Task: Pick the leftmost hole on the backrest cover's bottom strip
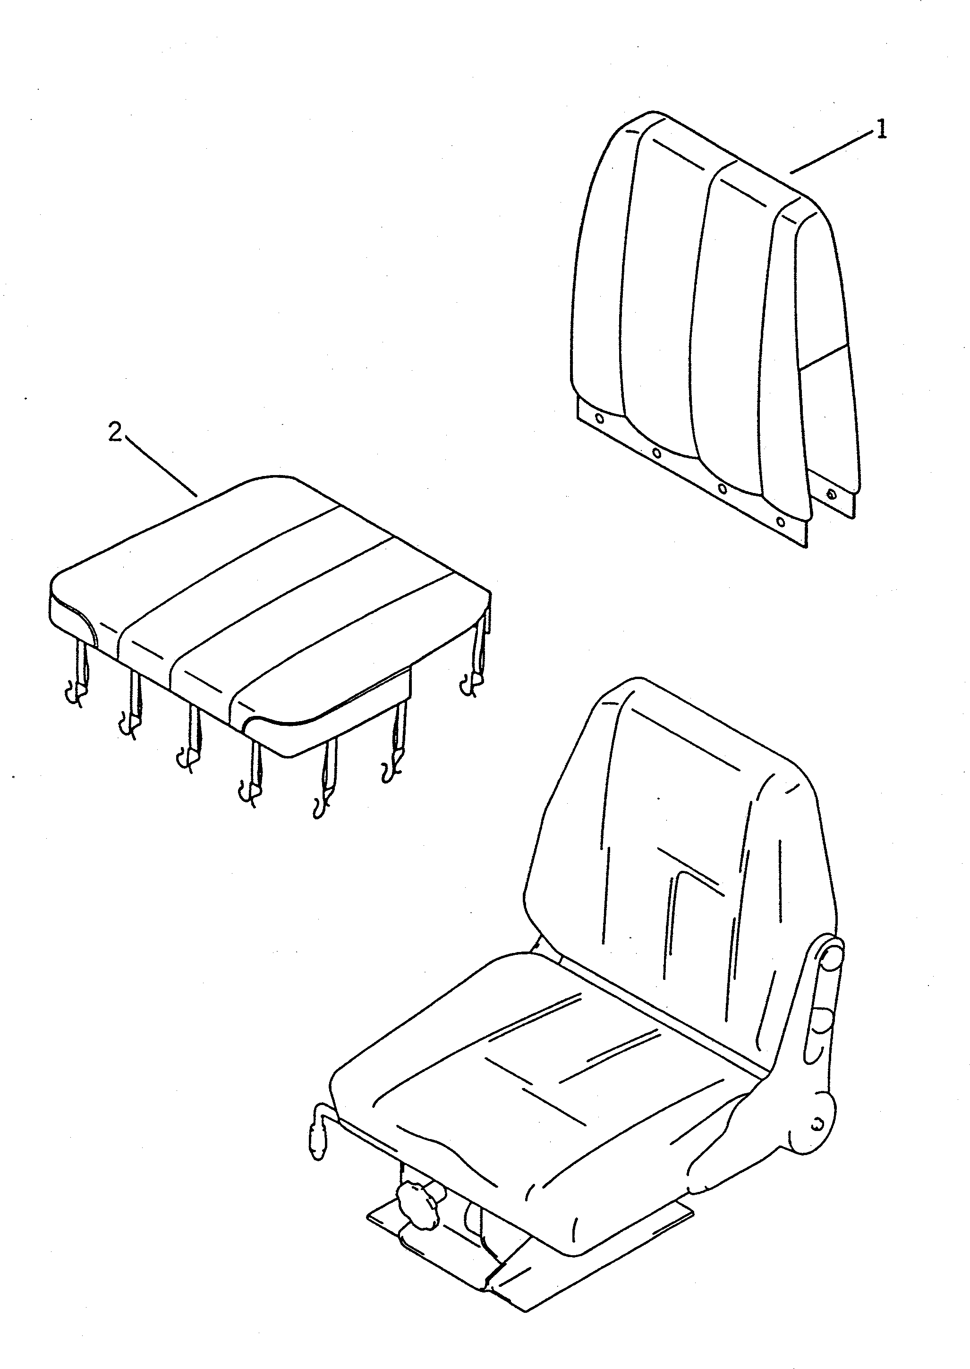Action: [x=600, y=419]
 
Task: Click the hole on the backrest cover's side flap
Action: [x=831, y=494]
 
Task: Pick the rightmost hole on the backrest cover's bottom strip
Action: [x=780, y=521]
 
